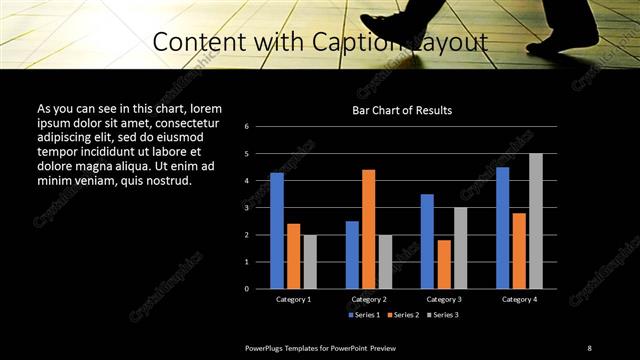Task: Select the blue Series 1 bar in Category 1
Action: coord(277,231)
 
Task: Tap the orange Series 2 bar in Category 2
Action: coord(368,229)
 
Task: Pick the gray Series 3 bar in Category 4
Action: coord(536,221)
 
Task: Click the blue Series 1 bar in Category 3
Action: coord(427,241)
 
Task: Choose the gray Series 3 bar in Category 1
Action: coord(309,261)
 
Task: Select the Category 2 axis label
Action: coord(368,299)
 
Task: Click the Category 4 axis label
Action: coord(519,299)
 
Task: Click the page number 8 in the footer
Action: coord(589,347)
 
